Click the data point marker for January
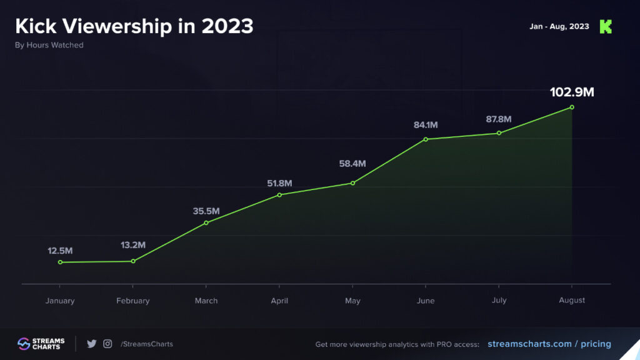pos(60,262)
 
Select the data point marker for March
pos(206,222)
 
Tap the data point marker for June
pos(426,139)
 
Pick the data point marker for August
pos(572,107)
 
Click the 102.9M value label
pos(571,92)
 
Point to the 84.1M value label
pos(426,125)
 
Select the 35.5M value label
pos(206,211)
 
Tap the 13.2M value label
pos(133,245)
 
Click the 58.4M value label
pos(352,164)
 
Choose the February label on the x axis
pos(133,301)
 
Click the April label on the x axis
pos(279,301)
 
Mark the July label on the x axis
pos(499,301)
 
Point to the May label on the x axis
pos(352,301)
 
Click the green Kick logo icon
pos(606,27)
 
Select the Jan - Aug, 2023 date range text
pos(559,27)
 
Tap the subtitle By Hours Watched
pos(49,45)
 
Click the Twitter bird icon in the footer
pos(92,344)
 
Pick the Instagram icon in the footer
pos(108,344)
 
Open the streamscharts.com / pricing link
pos(549,344)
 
